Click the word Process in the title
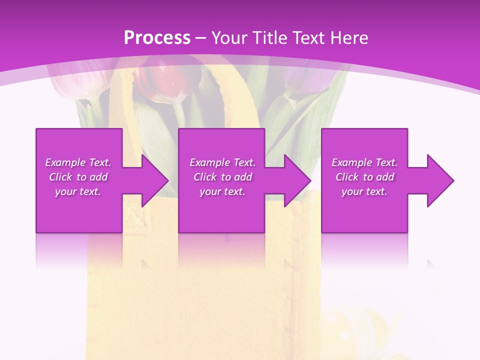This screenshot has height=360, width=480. [x=157, y=38]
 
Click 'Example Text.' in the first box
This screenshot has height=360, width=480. [x=78, y=162]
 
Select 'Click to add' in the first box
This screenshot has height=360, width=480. [x=78, y=177]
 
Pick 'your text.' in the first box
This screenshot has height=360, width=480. [x=78, y=191]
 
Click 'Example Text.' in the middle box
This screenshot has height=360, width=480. [x=222, y=162]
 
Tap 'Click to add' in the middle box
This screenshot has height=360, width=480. [x=222, y=177]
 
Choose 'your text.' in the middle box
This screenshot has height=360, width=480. [x=222, y=191]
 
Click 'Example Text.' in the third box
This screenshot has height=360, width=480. [x=364, y=162]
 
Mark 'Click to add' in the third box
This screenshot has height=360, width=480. [x=364, y=177]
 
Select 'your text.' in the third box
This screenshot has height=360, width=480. [x=364, y=191]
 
